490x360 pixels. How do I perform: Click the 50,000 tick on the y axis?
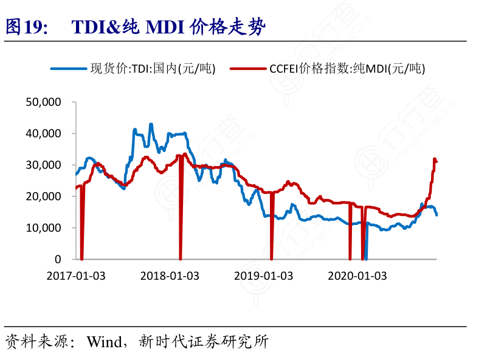coord(43,102)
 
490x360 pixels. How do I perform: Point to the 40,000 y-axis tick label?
coord(43,133)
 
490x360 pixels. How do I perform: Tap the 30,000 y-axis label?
coord(43,165)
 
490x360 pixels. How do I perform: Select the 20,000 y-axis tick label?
coord(43,196)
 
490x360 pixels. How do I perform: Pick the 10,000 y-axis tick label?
coord(43,228)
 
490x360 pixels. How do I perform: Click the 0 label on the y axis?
coord(57,260)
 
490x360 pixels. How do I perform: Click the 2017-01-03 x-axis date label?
coord(76,275)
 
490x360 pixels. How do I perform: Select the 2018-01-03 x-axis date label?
coord(170,275)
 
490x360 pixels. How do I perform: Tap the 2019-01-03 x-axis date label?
coord(263,275)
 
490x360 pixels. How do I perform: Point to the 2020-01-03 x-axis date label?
coord(357,275)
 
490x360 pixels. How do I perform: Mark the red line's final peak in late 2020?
coord(435,159)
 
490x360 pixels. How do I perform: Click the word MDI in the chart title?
coord(163,27)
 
